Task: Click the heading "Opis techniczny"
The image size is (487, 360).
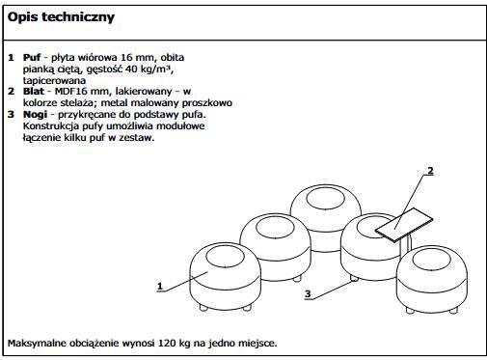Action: [61, 17]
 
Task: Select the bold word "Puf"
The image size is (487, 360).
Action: [32, 58]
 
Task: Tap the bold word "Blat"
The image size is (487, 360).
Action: [34, 91]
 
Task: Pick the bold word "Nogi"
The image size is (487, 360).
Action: [35, 115]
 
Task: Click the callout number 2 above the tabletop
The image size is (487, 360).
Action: [430, 171]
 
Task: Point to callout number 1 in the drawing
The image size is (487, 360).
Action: [160, 286]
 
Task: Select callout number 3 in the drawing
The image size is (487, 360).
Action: [308, 293]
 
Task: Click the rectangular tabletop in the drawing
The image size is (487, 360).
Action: [404, 224]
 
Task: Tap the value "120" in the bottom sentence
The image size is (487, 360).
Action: [166, 343]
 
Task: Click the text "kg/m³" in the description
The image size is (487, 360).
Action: [156, 69]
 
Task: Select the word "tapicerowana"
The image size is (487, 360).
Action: [54, 80]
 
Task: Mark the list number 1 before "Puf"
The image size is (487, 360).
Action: [11, 58]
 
